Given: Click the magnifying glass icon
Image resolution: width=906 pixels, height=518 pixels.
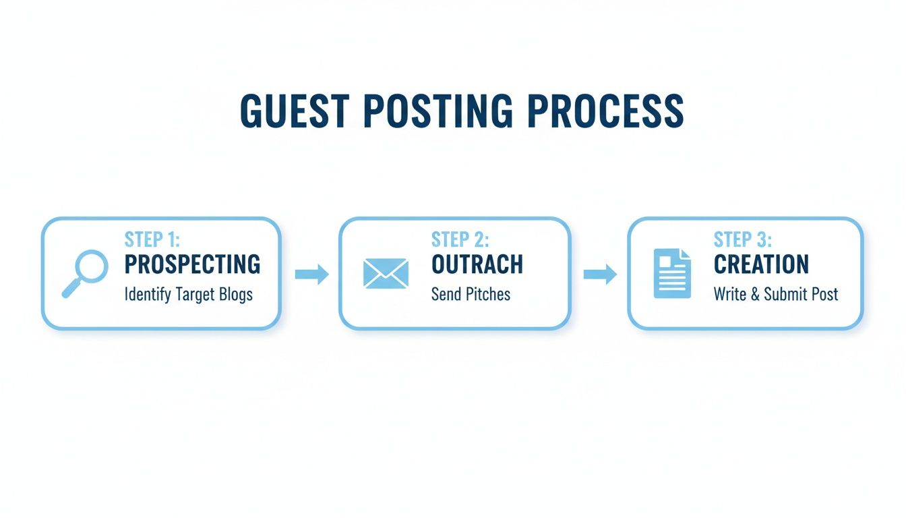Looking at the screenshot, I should (x=85, y=272).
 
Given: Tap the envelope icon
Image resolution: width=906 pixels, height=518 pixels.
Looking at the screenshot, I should (x=386, y=273).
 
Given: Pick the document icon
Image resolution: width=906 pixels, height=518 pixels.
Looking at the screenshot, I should (x=672, y=273).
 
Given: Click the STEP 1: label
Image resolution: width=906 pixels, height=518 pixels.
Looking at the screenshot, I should (x=152, y=239).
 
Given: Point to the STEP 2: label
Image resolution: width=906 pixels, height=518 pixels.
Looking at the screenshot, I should (x=460, y=239).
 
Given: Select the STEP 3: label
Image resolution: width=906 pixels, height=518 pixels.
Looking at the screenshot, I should (x=743, y=239).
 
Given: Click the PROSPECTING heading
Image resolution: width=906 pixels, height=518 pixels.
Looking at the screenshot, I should (x=193, y=264).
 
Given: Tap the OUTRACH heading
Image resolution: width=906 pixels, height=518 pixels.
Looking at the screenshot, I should (x=477, y=264).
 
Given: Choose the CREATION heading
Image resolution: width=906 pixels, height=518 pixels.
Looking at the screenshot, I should (x=761, y=264).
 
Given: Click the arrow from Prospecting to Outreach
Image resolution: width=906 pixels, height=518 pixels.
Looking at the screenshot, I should (x=311, y=274).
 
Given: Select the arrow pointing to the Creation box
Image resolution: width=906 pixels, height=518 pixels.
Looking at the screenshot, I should (x=599, y=274).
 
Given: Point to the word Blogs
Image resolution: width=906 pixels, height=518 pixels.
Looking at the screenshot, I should (x=233, y=295).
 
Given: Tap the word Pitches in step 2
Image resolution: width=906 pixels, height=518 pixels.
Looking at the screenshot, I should (x=487, y=295).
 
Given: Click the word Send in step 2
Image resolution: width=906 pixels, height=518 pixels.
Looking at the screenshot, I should (x=445, y=295).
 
